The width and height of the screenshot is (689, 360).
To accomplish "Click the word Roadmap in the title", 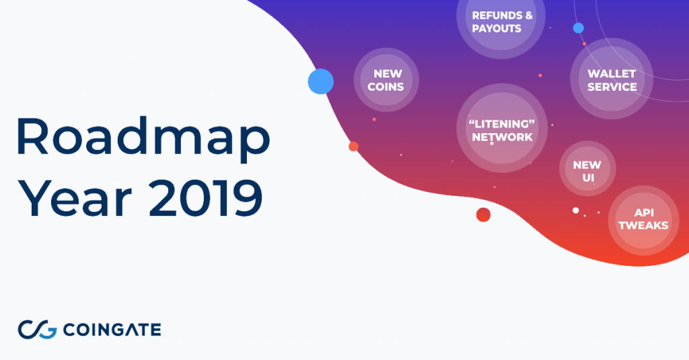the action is coord(143,137).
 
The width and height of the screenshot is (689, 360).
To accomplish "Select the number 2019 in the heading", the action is coord(206,198).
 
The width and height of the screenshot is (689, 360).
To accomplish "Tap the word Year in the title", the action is coord(74,198).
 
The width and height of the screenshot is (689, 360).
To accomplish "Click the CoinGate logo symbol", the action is coord(38,330).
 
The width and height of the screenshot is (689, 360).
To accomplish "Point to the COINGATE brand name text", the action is coord(112,330).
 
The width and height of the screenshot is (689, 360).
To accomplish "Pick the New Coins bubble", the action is coord(386,79).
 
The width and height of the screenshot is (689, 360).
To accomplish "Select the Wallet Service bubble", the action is coord(612,79).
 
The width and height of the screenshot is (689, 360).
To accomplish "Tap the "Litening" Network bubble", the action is coord(502,129).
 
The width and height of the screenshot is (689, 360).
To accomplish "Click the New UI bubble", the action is coord(587,169).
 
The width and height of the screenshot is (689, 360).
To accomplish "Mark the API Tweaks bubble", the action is coord(644,221).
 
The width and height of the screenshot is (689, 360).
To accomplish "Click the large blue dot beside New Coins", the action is coord(321,81).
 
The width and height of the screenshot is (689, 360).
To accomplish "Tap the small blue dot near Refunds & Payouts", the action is coord(578,28).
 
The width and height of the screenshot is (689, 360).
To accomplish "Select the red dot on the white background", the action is coord(483,215).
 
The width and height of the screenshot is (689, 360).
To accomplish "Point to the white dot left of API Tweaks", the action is coord(576,211).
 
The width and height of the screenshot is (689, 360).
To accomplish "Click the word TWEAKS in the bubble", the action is coord(643,225).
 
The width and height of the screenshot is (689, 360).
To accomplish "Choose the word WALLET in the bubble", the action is coord(612,73).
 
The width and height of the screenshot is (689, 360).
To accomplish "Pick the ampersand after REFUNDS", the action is coord(529,15).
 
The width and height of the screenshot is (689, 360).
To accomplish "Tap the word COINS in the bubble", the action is coord(386,87).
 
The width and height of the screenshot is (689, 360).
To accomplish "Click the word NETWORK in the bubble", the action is coord(502,137).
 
